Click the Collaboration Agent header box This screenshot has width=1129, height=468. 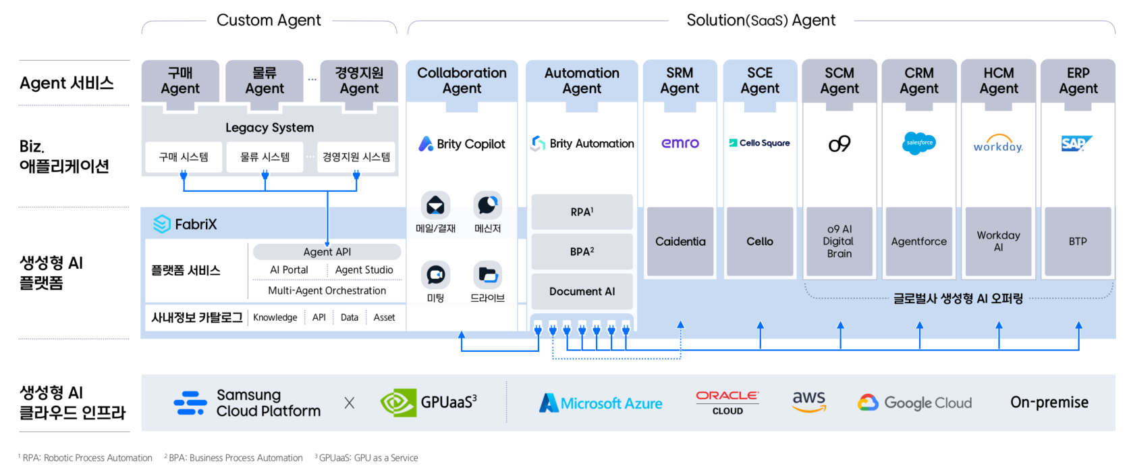click(x=462, y=81)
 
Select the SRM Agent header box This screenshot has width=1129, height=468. click(x=680, y=81)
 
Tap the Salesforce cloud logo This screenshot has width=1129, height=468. click(x=918, y=143)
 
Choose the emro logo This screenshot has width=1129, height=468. click(x=680, y=143)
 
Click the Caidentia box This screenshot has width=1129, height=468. click(x=680, y=242)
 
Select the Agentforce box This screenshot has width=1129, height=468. click(x=918, y=242)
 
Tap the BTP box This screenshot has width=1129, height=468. click(x=1078, y=242)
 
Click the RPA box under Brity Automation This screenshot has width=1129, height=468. click(x=582, y=212)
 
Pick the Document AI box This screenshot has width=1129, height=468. click(x=582, y=292)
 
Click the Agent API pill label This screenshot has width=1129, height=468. click(x=327, y=252)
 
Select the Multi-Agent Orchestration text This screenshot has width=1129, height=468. click(x=327, y=291)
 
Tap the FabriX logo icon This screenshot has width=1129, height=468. click(x=162, y=224)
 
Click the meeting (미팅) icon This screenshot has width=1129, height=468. click(x=435, y=275)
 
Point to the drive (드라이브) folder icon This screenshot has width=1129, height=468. click(x=487, y=275)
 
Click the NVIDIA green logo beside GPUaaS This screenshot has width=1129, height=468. click(x=397, y=403)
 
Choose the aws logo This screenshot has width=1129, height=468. click(x=808, y=401)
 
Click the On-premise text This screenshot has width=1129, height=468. click(x=1049, y=402)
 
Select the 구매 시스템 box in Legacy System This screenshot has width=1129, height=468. click(x=184, y=157)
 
